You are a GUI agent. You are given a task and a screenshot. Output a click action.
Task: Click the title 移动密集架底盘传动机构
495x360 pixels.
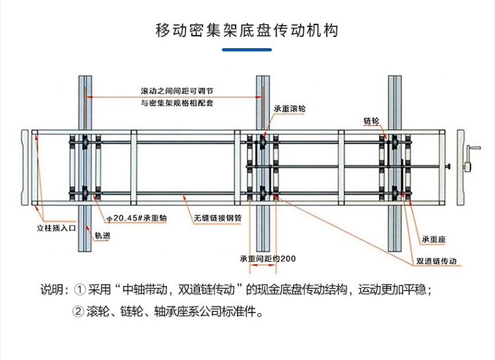pyautogui.click(x=247, y=31)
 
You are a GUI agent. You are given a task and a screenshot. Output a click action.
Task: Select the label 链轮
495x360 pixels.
pyautogui.click(x=371, y=122)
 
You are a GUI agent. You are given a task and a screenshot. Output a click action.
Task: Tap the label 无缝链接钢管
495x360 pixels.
pyautogui.click(x=218, y=217)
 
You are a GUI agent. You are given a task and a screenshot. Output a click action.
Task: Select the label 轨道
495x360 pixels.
pyautogui.click(x=102, y=235)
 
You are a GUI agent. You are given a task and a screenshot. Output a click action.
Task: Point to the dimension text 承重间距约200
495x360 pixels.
pyautogui.click(x=267, y=258)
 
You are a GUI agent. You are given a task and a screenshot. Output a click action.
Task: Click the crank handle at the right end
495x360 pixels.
pyautogui.click(x=470, y=158)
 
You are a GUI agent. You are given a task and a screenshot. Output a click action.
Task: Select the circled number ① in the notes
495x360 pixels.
pyautogui.click(x=81, y=289)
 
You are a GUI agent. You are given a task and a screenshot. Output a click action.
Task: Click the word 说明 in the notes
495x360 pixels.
pyautogui.click(x=53, y=289)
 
